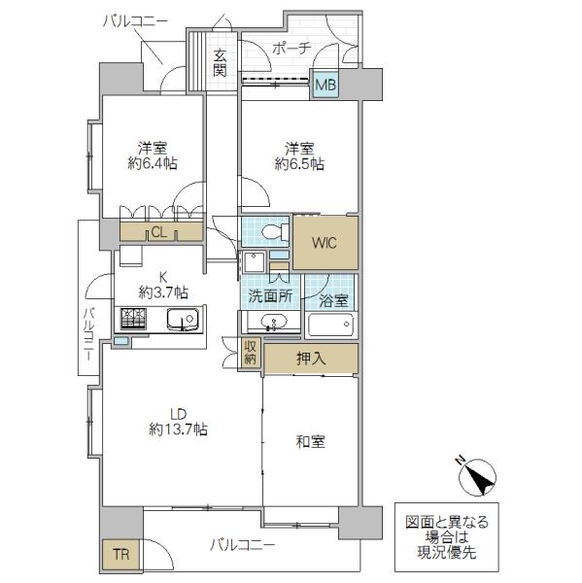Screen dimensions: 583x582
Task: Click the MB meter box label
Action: pyautogui.click(x=325, y=85)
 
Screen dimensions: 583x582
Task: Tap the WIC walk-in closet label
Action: pyautogui.click(x=325, y=243)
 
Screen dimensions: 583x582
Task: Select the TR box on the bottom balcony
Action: pyautogui.click(x=119, y=555)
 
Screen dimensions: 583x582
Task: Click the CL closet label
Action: pyautogui.click(x=157, y=231)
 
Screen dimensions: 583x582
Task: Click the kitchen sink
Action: pyautogui.click(x=182, y=319)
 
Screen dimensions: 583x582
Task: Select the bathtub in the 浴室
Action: pyautogui.click(x=331, y=326)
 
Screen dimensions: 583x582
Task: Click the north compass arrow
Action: pyautogui.click(x=477, y=475)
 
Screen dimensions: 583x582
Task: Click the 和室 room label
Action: pyautogui.click(x=311, y=441)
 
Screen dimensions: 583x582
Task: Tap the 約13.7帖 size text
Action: pyautogui.click(x=177, y=429)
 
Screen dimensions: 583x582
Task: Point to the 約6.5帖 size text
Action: pyautogui.click(x=298, y=164)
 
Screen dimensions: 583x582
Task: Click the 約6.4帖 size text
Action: pyautogui.click(x=151, y=164)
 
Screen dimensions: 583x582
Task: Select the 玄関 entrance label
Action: pyautogui.click(x=221, y=63)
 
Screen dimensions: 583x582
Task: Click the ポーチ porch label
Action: pyautogui.click(x=291, y=48)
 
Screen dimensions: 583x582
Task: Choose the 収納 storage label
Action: pyautogui.click(x=251, y=353)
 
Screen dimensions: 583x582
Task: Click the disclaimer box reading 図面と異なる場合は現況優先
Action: pyautogui.click(x=448, y=535)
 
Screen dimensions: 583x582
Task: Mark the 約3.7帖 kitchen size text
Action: pyautogui.click(x=163, y=291)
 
